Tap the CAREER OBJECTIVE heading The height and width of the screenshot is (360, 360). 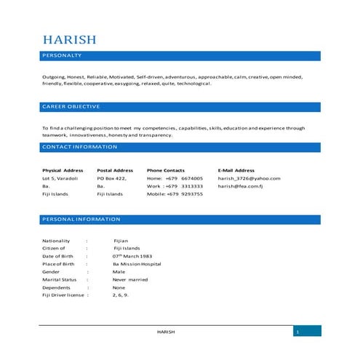tap(71, 107)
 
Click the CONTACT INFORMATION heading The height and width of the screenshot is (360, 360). tap(79, 147)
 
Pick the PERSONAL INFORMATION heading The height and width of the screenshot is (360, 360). tap(81, 219)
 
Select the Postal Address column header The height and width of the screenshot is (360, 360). tap(115, 170)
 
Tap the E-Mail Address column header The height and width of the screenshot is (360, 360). tap(236, 170)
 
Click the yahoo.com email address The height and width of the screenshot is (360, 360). tap(249, 178)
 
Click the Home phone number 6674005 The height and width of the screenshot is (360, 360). tap(192, 178)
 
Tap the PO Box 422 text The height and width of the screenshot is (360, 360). tap(112, 178)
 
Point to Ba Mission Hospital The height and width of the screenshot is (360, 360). tap(137, 264)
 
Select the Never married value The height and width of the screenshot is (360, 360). tap(130, 279)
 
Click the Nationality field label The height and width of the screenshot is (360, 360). tap(56, 241)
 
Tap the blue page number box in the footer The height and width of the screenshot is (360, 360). tap(307, 332)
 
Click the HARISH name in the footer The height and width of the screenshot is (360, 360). tap(166, 332)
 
